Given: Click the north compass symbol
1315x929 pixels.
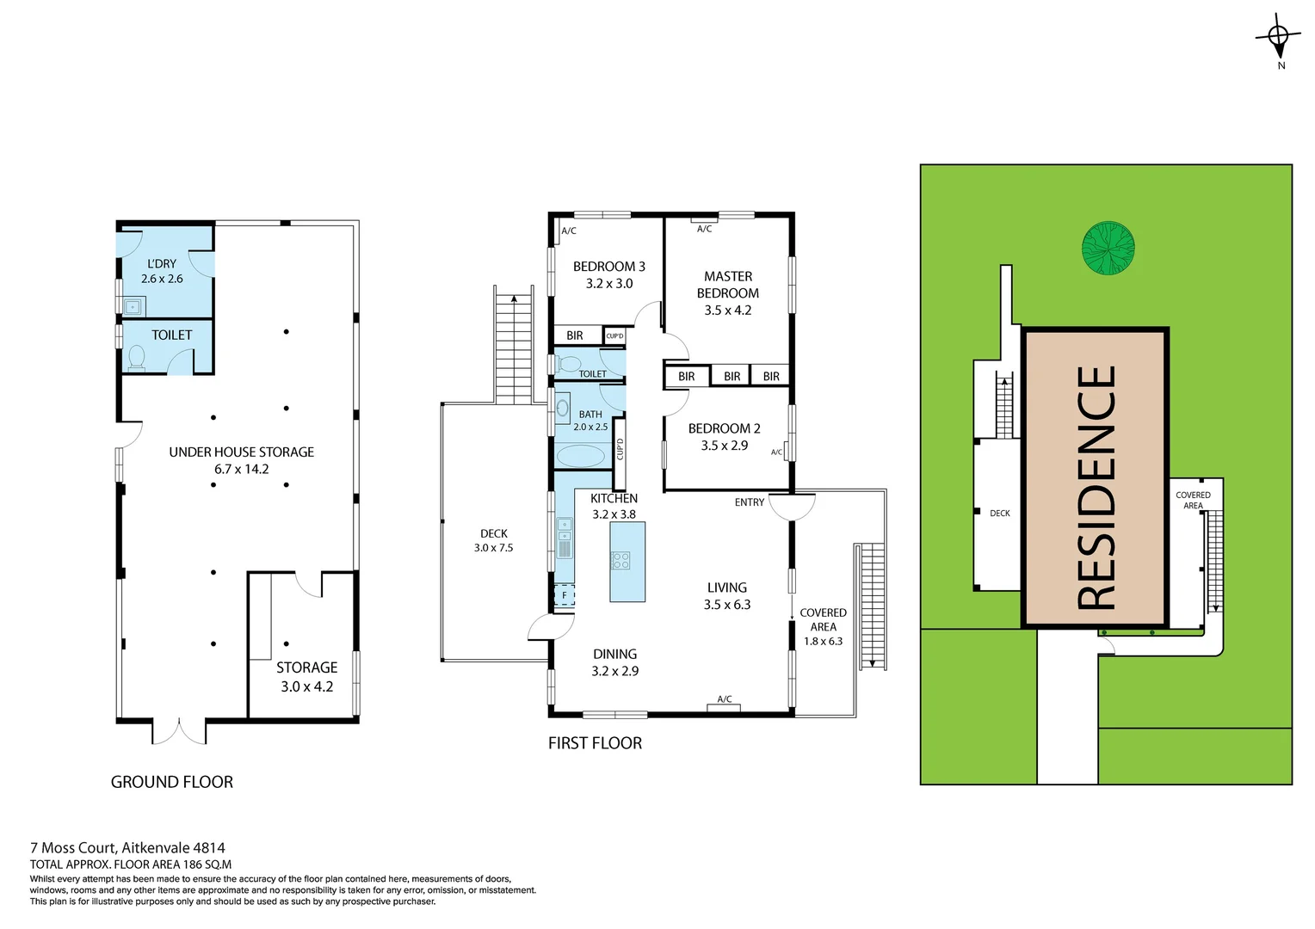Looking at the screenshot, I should tap(1278, 37).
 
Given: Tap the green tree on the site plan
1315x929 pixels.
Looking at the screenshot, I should tap(1108, 249).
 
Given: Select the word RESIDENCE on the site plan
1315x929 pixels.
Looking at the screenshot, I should tap(1096, 488).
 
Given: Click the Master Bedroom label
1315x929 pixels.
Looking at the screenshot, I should tap(728, 285).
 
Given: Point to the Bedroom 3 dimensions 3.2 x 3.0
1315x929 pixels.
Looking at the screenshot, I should tap(609, 284).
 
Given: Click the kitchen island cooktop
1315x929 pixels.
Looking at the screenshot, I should tap(620, 561).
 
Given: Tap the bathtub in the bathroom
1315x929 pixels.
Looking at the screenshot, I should tap(580, 455).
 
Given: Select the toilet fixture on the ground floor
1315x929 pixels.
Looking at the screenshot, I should tap(136, 357).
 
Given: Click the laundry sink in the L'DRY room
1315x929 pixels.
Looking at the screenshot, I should tap(133, 306).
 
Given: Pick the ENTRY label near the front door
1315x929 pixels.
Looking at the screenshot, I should tap(749, 502).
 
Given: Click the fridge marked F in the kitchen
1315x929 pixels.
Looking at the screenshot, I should tap(565, 595).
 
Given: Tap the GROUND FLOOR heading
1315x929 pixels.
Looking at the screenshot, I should tap(172, 782).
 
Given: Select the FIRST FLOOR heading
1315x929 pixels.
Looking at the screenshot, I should tap(595, 743).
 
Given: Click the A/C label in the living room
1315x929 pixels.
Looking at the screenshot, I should tap(725, 699).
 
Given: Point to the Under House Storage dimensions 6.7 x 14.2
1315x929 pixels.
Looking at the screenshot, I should tap(242, 470).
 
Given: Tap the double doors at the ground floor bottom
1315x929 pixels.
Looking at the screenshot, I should tap(180, 731).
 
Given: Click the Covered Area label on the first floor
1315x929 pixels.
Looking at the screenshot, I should tap(823, 619).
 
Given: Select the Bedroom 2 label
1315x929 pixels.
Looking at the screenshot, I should tap(724, 428).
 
